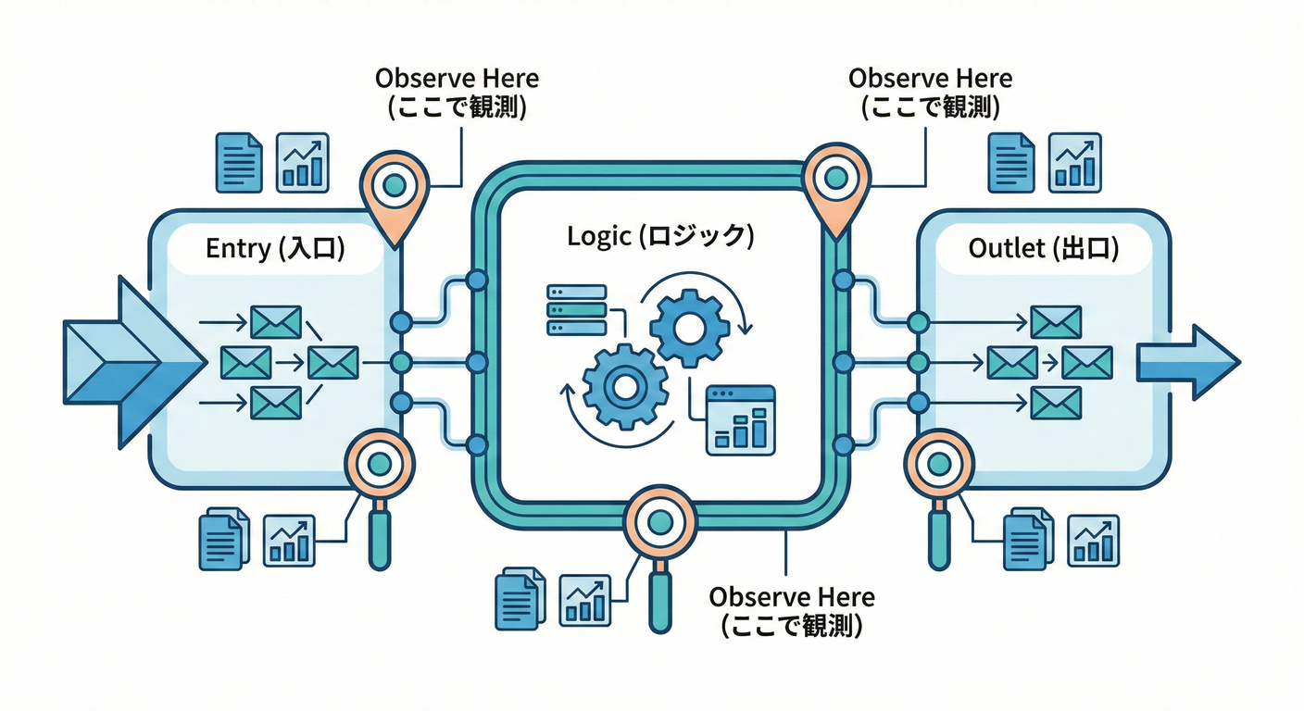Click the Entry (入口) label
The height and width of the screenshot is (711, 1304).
click(x=275, y=249)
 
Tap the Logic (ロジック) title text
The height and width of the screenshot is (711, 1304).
click(x=660, y=236)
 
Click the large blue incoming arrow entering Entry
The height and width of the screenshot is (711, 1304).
click(x=130, y=361)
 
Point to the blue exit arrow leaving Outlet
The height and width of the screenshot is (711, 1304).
click(x=1188, y=361)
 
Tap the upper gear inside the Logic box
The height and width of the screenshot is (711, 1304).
click(x=689, y=326)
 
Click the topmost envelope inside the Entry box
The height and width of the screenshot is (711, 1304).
click(x=276, y=322)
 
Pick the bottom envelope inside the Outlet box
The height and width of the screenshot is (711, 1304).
click(x=1056, y=403)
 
